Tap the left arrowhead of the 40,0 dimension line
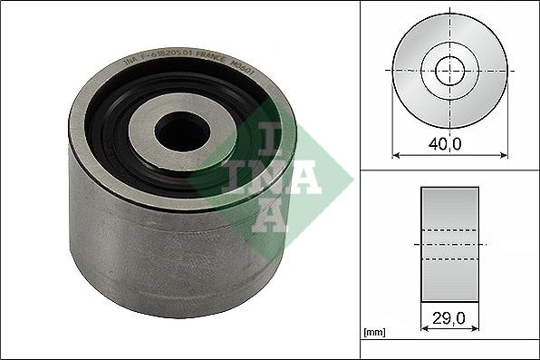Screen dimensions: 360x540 point(396,155)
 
